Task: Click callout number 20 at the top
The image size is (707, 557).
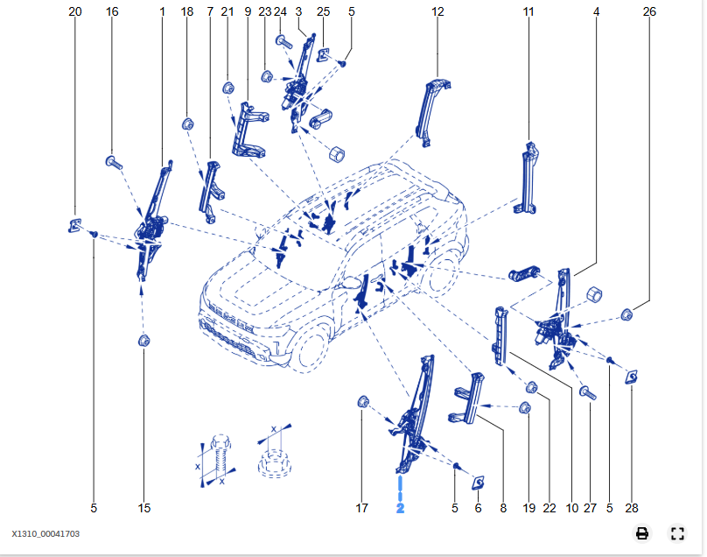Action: click(74, 11)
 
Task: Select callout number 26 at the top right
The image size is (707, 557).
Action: click(648, 11)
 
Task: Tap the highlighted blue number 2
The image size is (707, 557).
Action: click(400, 508)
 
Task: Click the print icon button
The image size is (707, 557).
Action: click(642, 533)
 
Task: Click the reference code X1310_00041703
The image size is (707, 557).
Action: click(45, 532)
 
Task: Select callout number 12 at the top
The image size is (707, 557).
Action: click(437, 11)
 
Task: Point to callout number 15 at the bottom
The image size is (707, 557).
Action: click(144, 508)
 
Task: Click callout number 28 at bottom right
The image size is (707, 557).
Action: click(632, 508)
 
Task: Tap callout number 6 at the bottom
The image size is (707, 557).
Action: click(478, 508)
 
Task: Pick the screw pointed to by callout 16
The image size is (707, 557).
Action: click(113, 162)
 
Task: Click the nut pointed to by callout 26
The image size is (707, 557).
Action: click(627, 314)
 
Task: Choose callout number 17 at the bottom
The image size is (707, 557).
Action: click(362, 508)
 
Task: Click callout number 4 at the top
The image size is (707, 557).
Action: click(596, 11)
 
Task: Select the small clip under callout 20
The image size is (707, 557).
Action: click(74, 225)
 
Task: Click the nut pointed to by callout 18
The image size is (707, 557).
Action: click(187, 123)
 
